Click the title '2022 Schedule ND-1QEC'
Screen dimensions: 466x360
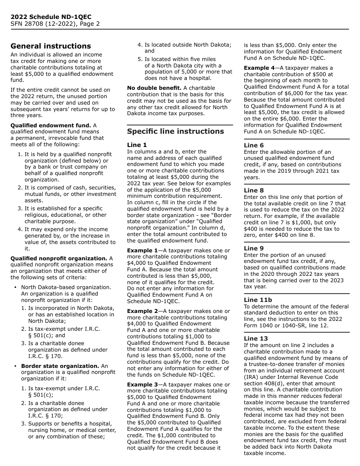point(51,17)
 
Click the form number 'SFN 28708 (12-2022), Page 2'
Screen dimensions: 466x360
point(55,24)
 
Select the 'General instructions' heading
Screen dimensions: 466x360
point(51,46)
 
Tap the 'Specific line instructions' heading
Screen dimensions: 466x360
point(175,131)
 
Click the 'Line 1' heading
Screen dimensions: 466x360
point(137,145)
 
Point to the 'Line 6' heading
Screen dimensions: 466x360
point(254,145)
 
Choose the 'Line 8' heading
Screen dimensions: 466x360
point(254,191)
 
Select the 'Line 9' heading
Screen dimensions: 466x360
point(254,249)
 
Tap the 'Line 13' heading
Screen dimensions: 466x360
point(255,339)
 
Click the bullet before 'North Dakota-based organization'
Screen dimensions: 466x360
point(15,288)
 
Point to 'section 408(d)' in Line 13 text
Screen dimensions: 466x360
point(262,383)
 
